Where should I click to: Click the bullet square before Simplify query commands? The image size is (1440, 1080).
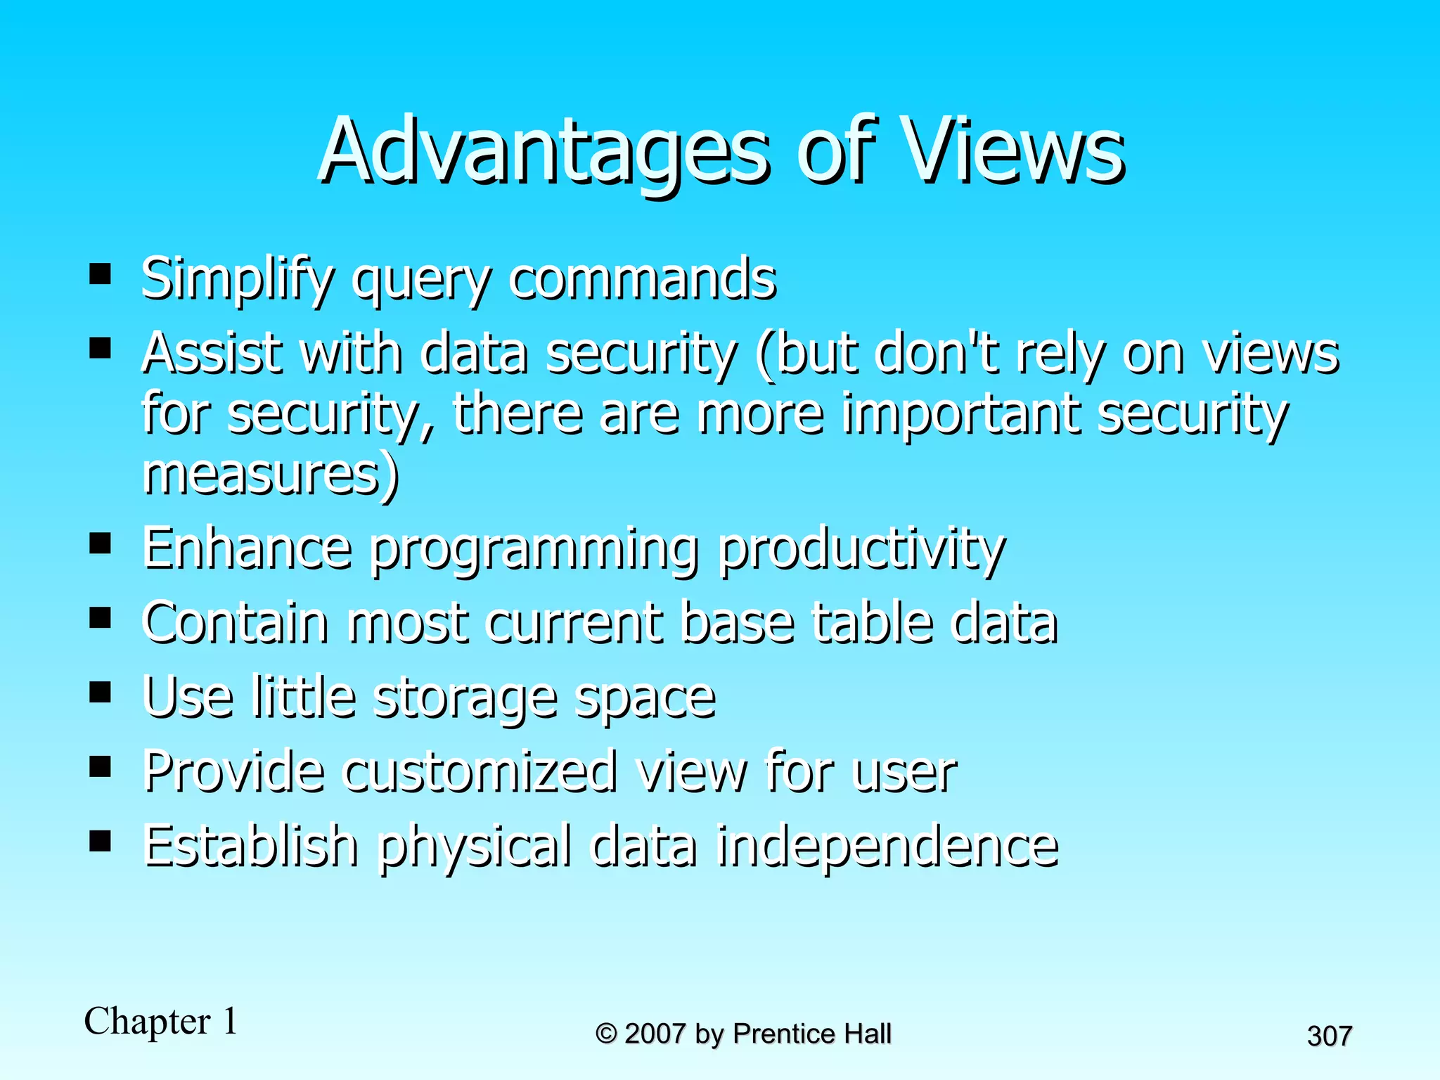(x=101, y=273)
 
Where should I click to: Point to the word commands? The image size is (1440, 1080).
(x=643, y=279)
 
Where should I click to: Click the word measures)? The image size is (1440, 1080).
(x=271, y=475)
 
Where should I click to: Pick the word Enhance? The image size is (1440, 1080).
(x=247, y=548)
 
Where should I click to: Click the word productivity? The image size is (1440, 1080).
(x=862, y=548)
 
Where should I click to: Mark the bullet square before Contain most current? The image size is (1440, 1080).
(x=101, y=617)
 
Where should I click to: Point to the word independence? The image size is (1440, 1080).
(x=887, y=846)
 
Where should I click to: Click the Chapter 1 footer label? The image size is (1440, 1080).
(x=161, y=1021)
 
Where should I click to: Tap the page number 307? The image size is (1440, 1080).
(x=1329, y=1036)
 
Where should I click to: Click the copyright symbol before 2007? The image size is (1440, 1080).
(x=606, y=1034)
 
